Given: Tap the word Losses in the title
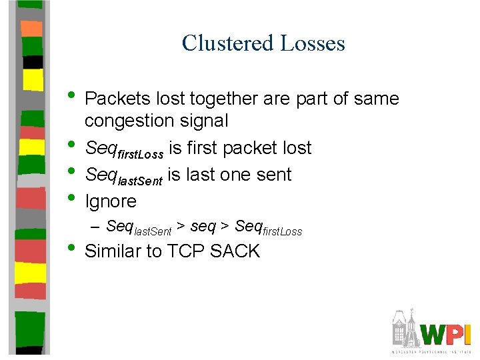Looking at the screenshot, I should [x=313, y=43].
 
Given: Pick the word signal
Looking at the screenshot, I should [x=205, y=121].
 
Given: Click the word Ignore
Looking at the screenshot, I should [x=111, y=201].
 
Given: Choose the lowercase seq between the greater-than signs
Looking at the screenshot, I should [x=203, y=227].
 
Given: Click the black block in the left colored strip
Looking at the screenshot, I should [x=32, y=61].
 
